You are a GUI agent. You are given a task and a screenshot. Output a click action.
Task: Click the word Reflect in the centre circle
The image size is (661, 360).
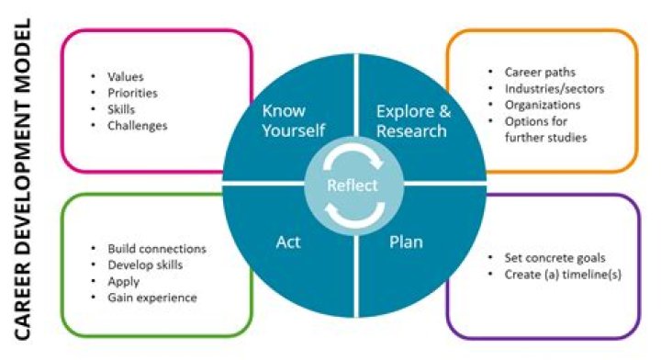[353, 186]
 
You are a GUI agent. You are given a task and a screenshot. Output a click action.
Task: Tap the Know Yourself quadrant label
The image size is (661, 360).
[294, 120]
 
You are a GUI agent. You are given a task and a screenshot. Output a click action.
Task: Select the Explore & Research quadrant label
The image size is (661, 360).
[413, 121]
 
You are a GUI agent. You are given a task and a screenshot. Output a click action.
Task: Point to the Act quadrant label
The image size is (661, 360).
[288, 242]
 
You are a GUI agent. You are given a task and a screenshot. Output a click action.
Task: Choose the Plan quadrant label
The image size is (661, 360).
[406, 242]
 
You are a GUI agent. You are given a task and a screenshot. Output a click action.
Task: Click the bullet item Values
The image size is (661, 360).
[126, 77]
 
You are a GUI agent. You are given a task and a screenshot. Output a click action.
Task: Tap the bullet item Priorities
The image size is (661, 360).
[132, 93]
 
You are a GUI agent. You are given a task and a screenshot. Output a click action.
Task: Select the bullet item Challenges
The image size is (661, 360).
[138, 126]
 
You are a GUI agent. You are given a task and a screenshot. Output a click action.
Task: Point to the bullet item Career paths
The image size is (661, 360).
[540, 73]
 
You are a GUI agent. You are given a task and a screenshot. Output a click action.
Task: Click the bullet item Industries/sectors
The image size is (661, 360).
[555, 89]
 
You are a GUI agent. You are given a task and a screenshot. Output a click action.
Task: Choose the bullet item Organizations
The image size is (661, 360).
[543, 105]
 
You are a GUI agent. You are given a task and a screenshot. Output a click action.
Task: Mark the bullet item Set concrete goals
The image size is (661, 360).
[555, 258]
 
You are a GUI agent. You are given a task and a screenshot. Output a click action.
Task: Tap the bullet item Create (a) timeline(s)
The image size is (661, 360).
[563, 275]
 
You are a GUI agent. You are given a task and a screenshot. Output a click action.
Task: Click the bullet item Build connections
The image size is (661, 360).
[157, 249]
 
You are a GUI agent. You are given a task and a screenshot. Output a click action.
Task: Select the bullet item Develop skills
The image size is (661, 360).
[145, 265]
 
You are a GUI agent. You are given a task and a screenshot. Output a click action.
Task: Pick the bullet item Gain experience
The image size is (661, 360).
[152, 298]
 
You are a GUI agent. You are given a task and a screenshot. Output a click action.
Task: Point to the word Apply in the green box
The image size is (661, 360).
[124, 282]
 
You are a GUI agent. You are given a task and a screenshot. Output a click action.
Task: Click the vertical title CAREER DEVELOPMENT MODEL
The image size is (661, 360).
[23, 179]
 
